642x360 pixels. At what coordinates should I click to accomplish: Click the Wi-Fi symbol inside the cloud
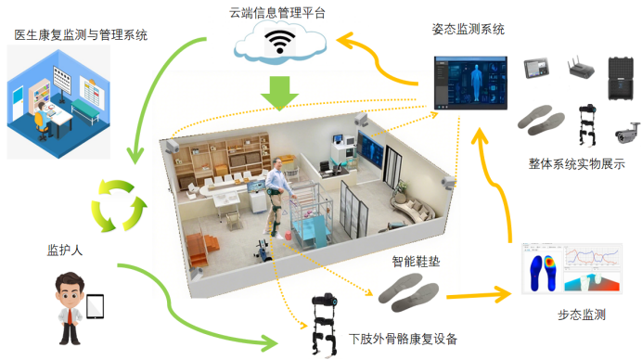pyautogui.click(x=279, y=43)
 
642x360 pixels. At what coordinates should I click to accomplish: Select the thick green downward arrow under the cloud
pyautogui.click(x=279, y=92)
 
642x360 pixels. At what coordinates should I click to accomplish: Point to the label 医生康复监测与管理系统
pyautogui.click(x=82, y=35)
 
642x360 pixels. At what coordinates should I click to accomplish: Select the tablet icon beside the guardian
pyautogui.click(x=95, y=305)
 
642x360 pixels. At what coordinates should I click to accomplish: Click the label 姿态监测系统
pyautogui.click(x=468, y=30)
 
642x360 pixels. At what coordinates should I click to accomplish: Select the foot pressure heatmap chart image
pyautogui.click(x=571, y=270)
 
